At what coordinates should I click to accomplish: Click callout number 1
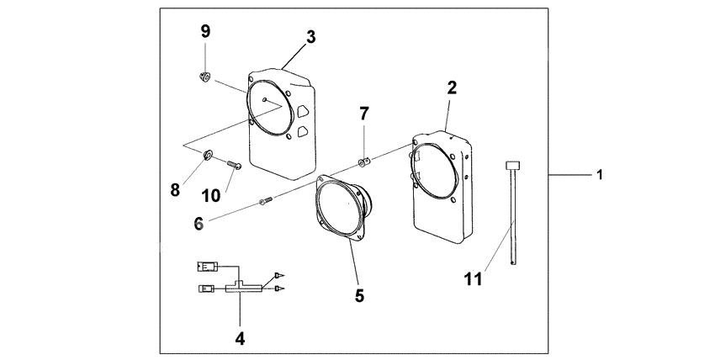(599, 174)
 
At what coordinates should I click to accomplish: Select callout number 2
(452, 88)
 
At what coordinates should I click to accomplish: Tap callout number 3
(310, 37)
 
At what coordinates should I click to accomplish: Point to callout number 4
(240, 340)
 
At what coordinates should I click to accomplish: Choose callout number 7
(364, 114)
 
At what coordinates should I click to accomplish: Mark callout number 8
(175, 190)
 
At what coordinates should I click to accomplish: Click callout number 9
(204, 31)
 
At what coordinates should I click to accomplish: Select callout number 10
(211, 195)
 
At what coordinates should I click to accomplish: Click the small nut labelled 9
(204, 78)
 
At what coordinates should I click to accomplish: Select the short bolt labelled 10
(233, 165)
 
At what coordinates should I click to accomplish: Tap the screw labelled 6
(266, 200)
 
